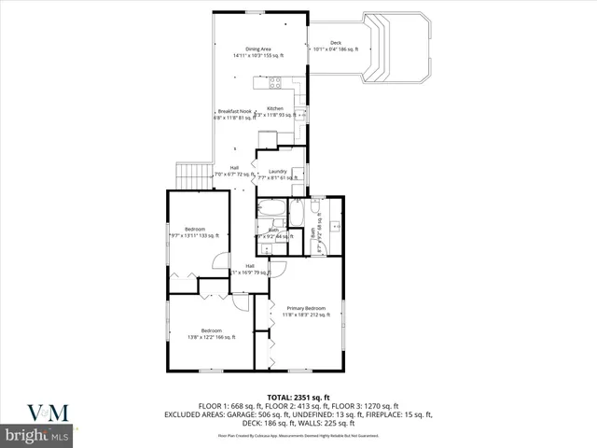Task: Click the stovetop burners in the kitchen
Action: click(276, 82)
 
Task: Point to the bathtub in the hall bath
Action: click(272, 206)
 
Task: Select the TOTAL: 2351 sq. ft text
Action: click(298, 397)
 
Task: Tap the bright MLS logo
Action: click(37, 436)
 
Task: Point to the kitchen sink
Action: click(300, 113)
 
